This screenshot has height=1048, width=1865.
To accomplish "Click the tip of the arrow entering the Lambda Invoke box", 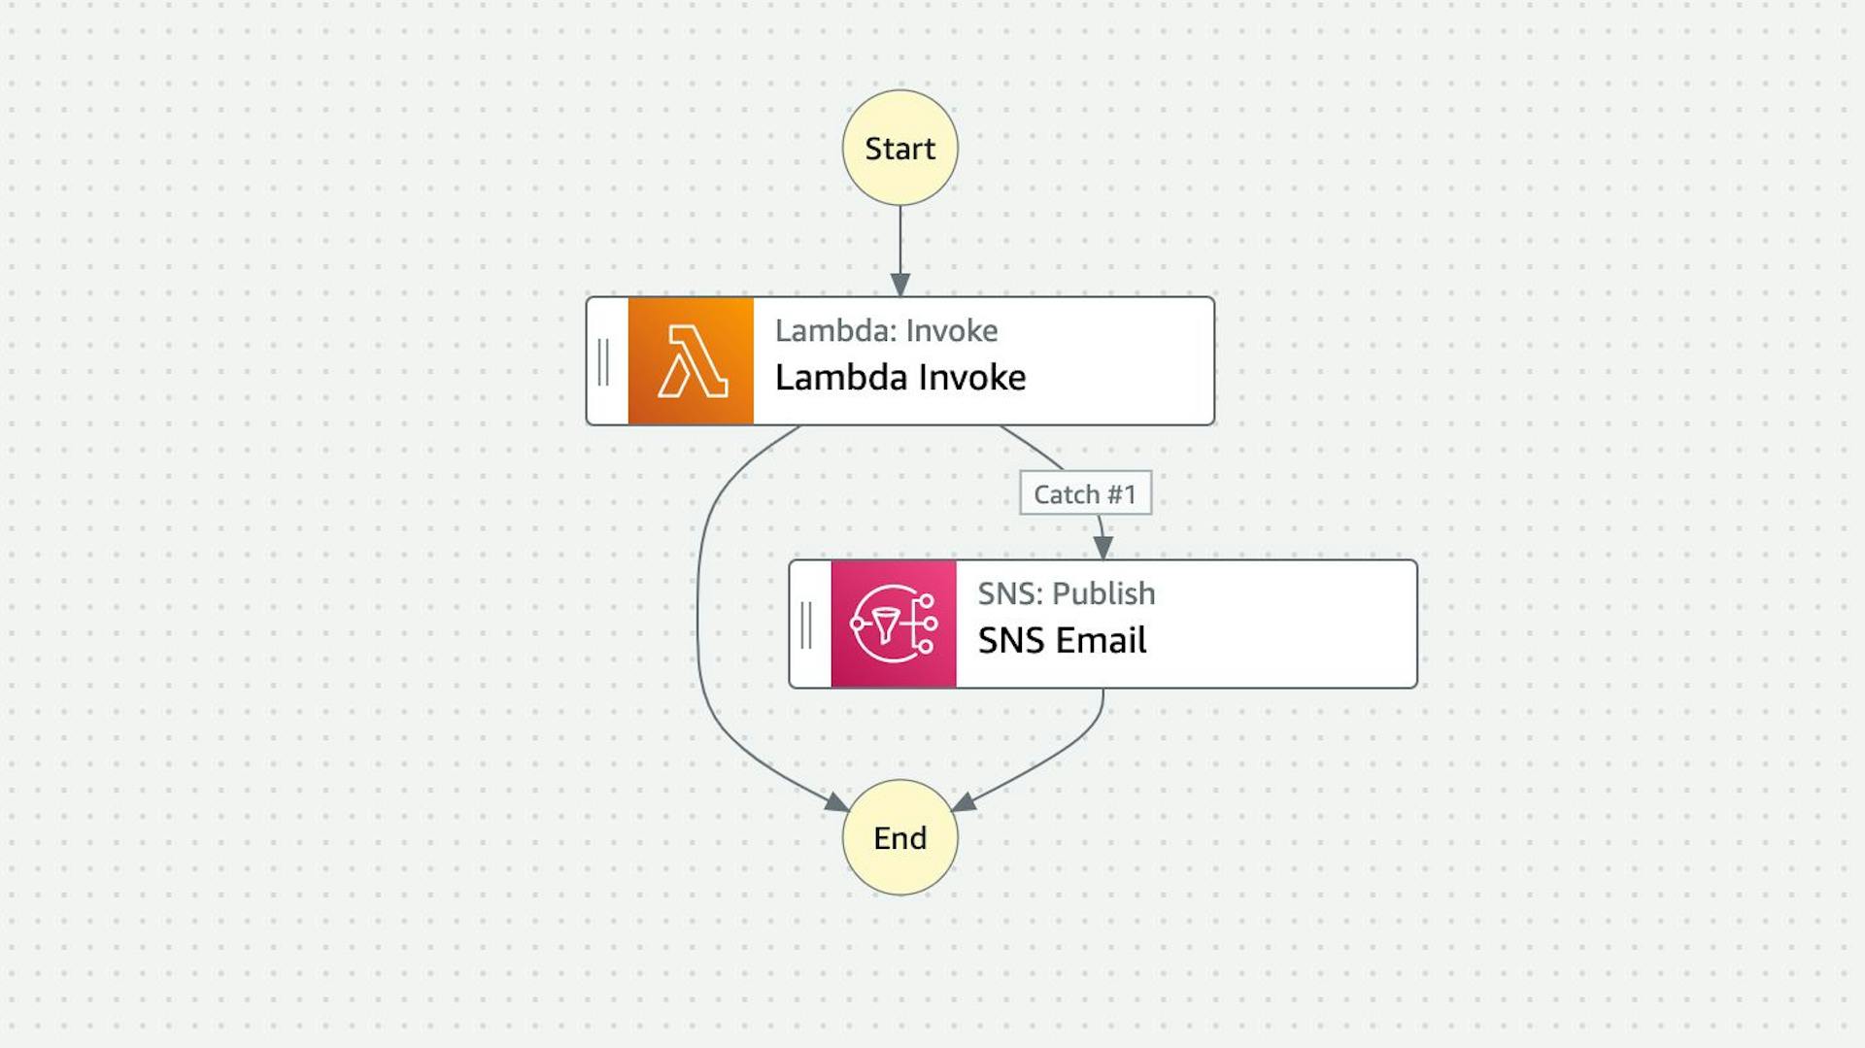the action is (900, 296).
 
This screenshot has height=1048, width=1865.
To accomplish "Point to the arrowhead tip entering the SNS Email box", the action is (1103, 559).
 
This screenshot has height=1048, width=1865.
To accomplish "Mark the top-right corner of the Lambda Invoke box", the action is (1214, 297).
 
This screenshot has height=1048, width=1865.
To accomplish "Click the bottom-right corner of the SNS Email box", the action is (1417, 688).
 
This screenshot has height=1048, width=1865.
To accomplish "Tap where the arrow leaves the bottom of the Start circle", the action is (900, 205).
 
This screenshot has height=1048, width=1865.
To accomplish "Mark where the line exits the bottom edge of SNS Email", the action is (1103, 689).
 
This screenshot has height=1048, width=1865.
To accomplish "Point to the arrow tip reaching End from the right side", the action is (952, 810).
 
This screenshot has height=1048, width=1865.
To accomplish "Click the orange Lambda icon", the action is (691, 361).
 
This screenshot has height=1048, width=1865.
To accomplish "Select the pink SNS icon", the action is (894, 624).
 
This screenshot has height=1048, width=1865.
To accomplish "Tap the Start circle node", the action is (900, 148).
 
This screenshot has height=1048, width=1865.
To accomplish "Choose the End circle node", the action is (900, 837).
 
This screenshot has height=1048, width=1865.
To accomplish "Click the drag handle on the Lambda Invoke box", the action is (603, 361).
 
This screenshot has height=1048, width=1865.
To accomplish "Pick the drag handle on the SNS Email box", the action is (806, 625).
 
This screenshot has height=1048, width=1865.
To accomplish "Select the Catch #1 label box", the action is (1086, 493).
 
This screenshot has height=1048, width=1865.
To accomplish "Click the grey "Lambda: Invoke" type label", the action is (886, 330).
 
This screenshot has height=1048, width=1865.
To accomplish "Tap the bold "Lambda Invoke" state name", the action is (900, 377).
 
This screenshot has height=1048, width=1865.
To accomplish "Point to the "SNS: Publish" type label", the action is (1067, 593).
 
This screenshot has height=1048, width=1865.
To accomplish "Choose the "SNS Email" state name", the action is (1062, 640).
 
